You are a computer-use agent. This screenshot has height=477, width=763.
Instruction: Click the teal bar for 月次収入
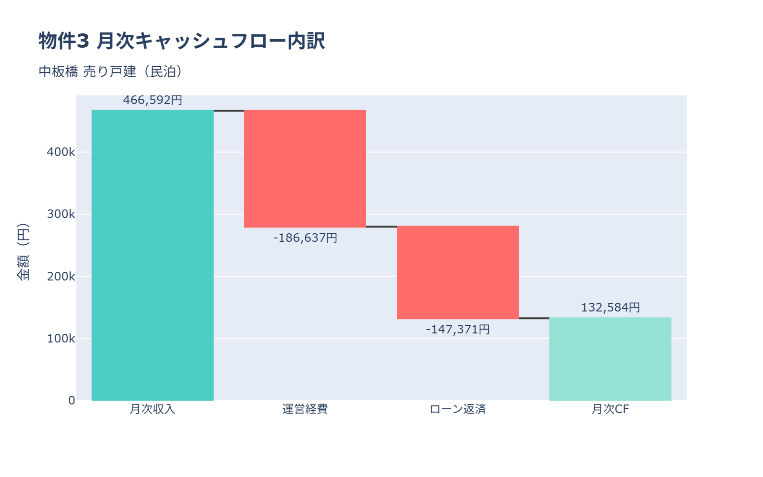tap(153, 255)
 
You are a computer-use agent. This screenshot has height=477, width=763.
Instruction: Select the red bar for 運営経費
tap(305, 169)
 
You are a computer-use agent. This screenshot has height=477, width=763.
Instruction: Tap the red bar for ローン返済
tap(458, 272)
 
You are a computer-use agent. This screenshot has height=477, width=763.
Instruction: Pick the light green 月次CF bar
tap(610, 359)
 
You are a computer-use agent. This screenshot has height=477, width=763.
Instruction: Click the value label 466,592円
tap(153, 100)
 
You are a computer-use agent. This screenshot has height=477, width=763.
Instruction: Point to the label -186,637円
tap(305, 238)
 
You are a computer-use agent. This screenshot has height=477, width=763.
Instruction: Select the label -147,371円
tap(458, 329)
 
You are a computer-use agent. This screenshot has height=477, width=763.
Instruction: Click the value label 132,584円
tap(610, 308)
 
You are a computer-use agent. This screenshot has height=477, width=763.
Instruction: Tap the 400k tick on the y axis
tap(61, 152)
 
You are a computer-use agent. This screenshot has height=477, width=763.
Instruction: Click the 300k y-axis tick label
tap(61, 214)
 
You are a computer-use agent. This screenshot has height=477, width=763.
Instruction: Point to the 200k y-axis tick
tap(61, 277)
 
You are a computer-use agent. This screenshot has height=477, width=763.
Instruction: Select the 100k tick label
tap(61, 339)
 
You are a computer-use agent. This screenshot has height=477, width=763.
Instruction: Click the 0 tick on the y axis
tap(72, 401)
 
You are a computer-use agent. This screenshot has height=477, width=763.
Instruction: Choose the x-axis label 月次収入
tap(153, 409)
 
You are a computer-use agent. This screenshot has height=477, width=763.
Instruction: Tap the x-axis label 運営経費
tap(305, 409)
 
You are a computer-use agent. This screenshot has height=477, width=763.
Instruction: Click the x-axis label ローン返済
tap(458, 409)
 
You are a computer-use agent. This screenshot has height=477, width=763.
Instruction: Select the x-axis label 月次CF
tap(610, 409)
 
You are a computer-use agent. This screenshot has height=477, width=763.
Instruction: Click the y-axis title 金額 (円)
tap(23, 252)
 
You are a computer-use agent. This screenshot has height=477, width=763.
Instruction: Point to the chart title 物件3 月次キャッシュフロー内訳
tap(182, 41)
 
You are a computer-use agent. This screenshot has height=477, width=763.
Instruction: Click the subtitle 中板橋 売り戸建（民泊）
tap(110, 72)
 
